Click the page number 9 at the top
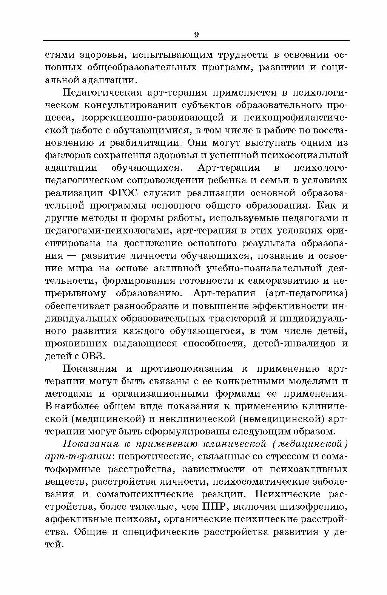point(196,35)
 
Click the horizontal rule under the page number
point(196,40)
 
